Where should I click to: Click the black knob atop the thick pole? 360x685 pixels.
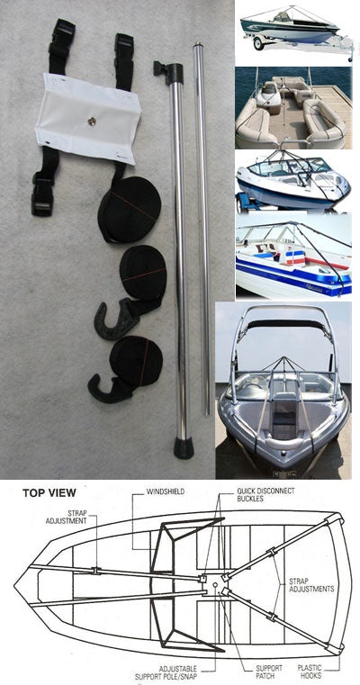[x=163, y=68]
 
